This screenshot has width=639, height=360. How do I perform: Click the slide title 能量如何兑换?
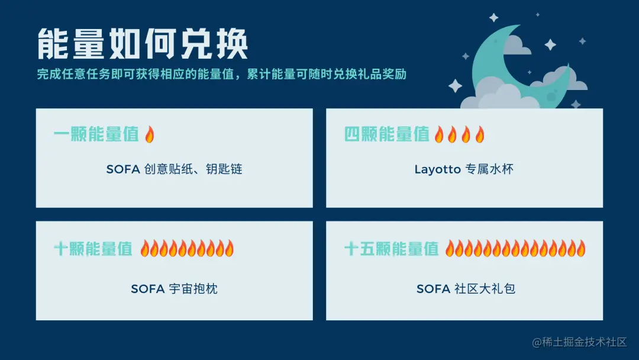(142, 44)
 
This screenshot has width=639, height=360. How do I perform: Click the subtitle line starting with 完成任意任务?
(221, 75)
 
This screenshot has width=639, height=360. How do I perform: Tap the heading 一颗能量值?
(96, 134)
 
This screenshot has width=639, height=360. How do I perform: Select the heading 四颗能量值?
(387, 134)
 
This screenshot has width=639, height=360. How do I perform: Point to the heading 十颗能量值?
(93, 249)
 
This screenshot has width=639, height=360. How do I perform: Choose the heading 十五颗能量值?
(392, 249)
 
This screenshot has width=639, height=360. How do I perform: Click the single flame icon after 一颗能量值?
(149, 135)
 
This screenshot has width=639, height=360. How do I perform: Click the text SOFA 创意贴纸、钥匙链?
(175, 169)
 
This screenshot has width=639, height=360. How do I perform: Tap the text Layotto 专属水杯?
(464, 169)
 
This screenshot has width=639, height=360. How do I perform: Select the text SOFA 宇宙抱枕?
(174, 289)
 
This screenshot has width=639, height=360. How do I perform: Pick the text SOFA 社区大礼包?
(466, 289)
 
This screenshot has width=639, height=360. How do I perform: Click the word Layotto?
(437, 169)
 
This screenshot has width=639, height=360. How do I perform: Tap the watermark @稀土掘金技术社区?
(579, 342)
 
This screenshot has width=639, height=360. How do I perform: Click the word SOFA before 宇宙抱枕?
(147, 289)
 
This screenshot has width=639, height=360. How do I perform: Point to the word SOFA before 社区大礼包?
(434, 289)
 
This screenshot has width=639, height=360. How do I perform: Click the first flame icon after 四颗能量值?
(439, 135)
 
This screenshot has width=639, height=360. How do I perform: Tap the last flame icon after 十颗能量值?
(230, 249)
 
